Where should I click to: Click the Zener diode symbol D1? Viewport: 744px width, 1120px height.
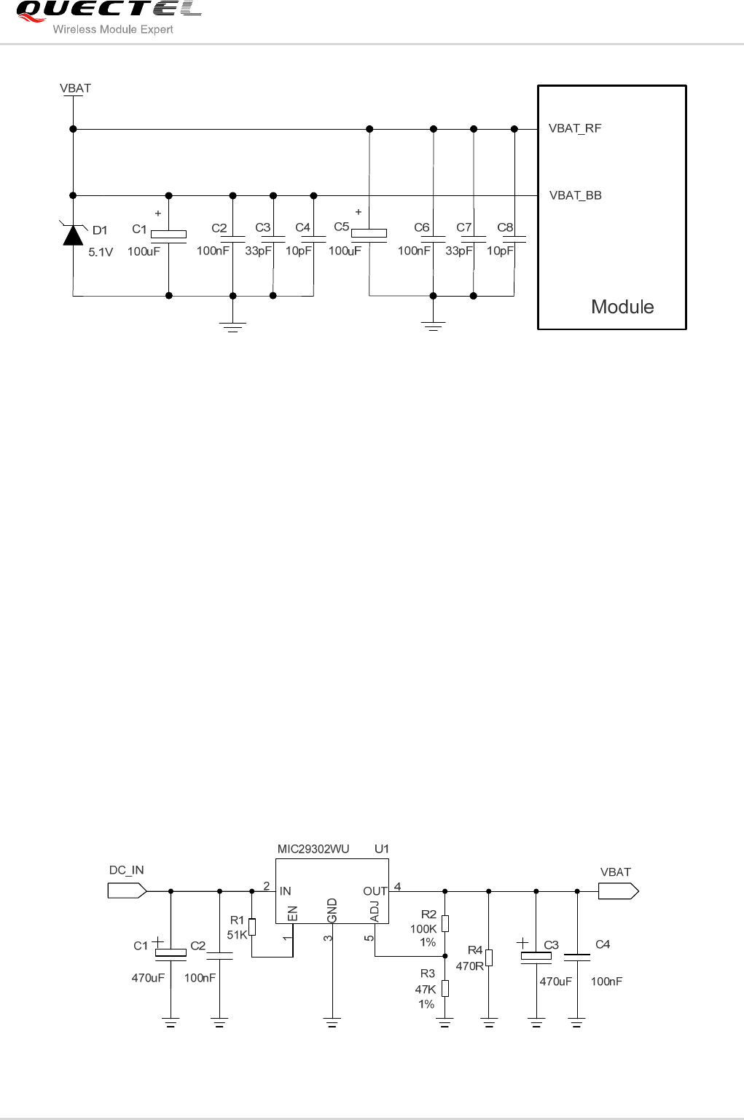click(73, 235)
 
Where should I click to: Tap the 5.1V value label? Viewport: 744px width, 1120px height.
click(101, 253)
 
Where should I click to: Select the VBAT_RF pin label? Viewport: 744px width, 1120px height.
click(575, 128)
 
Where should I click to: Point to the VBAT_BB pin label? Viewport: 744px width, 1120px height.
click(575, 195)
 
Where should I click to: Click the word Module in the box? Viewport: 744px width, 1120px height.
click(622, 307)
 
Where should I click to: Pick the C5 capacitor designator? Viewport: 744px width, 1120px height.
click(341, 227)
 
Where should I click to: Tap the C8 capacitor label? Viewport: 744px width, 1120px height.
click(505, 227)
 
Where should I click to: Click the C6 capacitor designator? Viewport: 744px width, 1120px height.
click(421, 227)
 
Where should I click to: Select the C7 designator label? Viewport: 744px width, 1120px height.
click(463, 227)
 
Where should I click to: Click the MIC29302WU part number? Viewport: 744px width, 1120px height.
click(313, 849)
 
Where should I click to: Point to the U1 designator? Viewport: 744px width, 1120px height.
click(382, 849)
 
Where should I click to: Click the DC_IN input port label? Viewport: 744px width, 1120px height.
click(127, 870)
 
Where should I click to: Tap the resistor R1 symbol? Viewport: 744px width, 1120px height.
click(252, 927)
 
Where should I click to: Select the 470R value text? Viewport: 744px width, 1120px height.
click(470, 966)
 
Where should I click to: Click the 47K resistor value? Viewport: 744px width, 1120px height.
click(426, 990)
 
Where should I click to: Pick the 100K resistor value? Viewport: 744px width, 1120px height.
click(423, 929)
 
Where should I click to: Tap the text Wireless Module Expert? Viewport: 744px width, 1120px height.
click(113, 30)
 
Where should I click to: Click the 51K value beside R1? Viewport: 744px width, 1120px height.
click(238, 935)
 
